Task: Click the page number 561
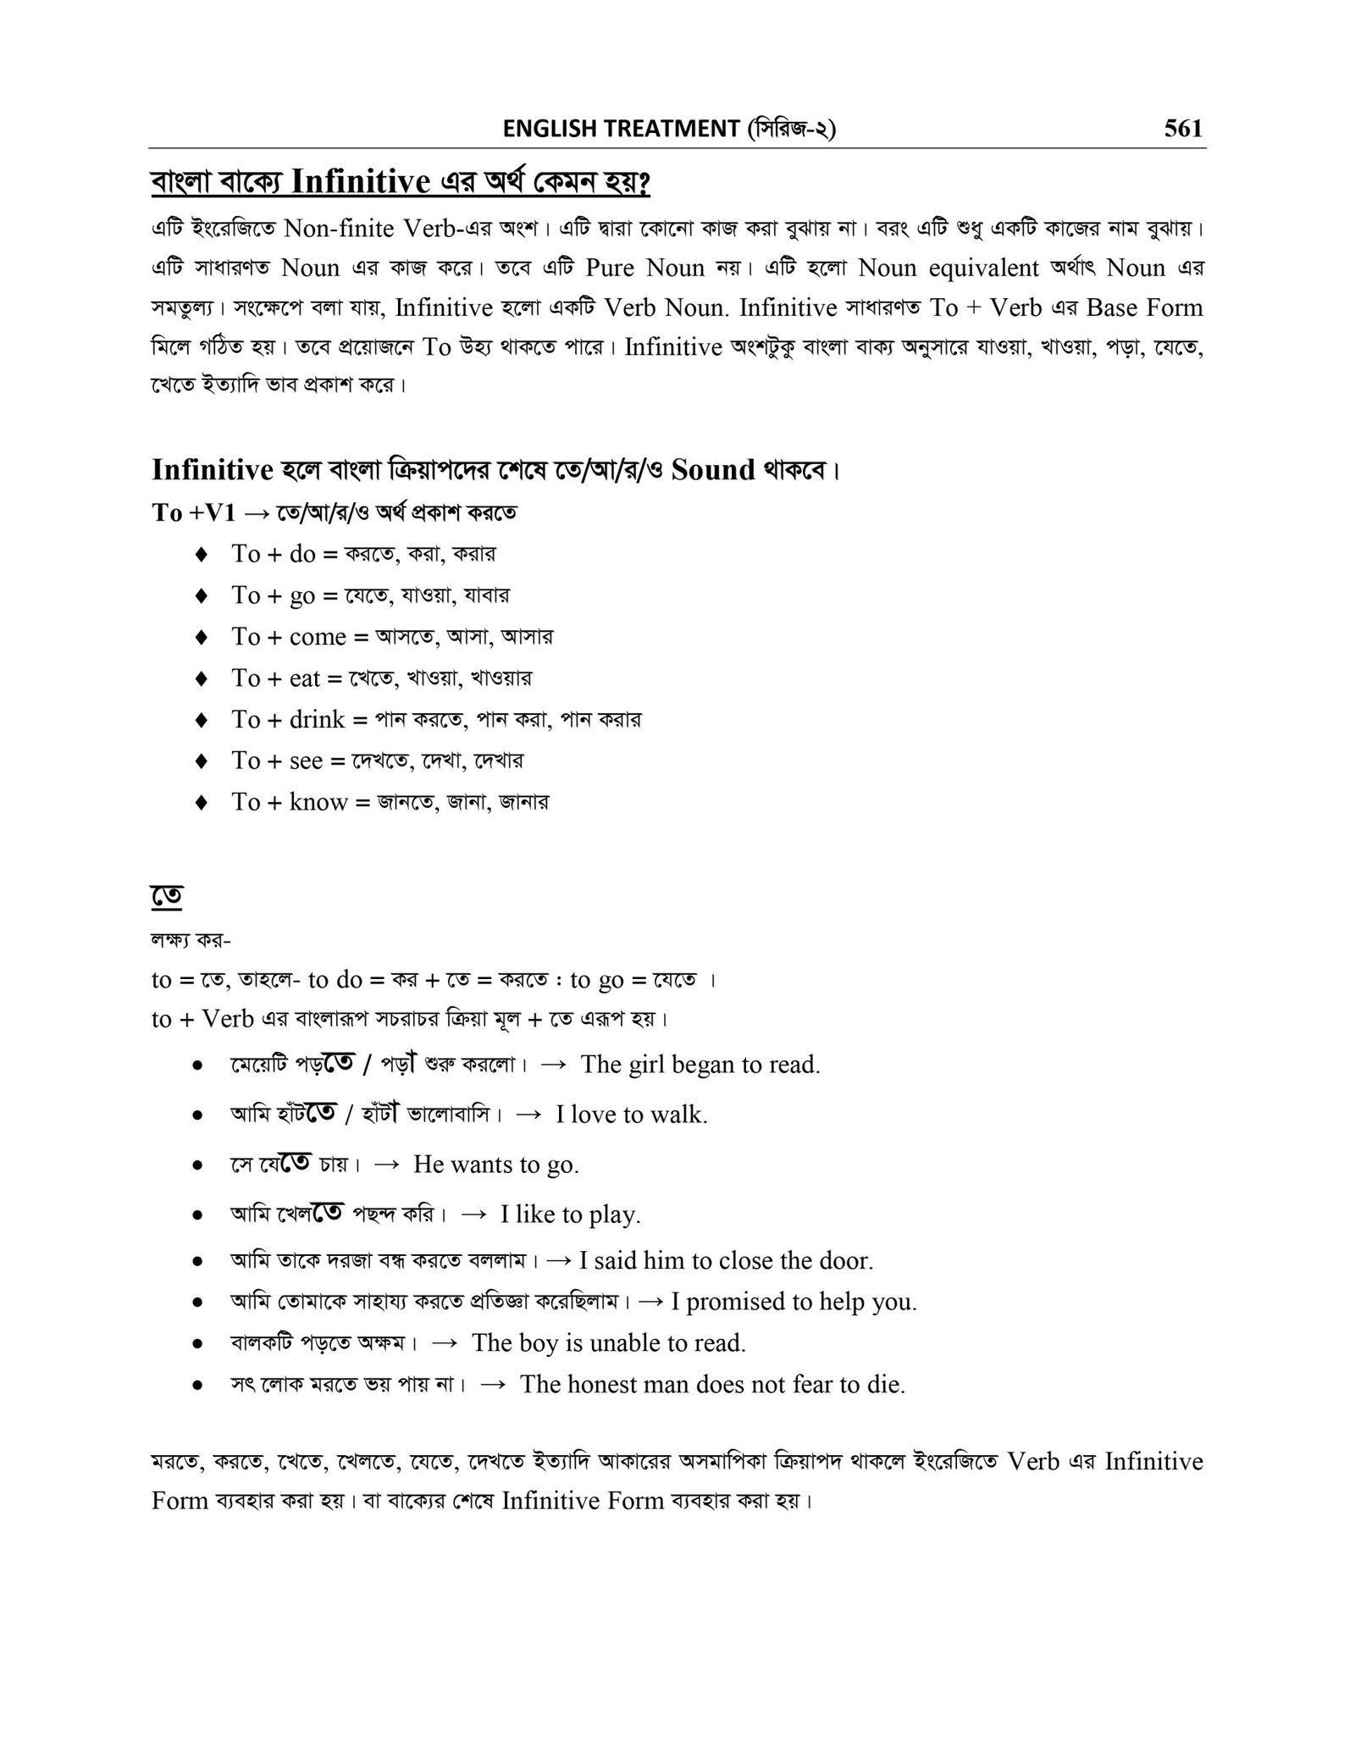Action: pyautogui.click(x=1182, y=129)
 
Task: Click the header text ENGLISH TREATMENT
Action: pyautogui.click(x=620, y=129)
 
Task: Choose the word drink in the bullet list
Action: pyautogui.click(x=317, y=720)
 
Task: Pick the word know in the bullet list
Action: pyautogui.click(x=318, y=802)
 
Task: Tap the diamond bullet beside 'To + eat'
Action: pyautogui.click(x=201, y=678)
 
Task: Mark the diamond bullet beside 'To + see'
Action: pyautogui.click(x=201, y=761)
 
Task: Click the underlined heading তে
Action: pyautogui.click(x=168, y=895)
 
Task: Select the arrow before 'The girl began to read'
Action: pyautogui.click(x=552, y=1065)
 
